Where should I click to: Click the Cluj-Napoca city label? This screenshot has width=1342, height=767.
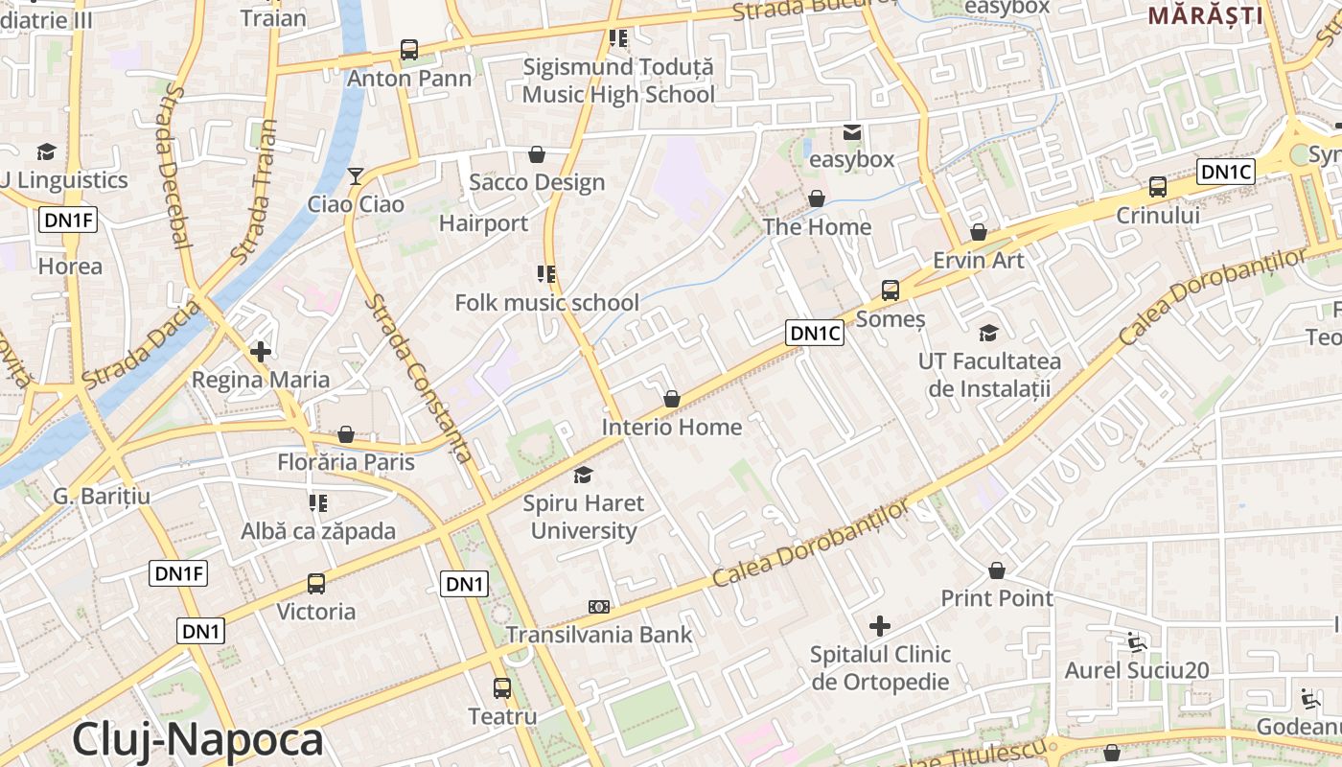pos(197,739)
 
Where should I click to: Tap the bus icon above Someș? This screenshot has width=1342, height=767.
pos(891,290)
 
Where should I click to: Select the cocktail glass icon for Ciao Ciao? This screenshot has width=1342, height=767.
pos(356,175)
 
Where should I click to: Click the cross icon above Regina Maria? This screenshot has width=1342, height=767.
pos(260,351)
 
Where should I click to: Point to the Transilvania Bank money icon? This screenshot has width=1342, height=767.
pos(599,606)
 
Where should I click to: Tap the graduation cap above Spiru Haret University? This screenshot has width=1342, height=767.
pos(583,475)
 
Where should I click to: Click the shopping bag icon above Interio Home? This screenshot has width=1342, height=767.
pos(672,399)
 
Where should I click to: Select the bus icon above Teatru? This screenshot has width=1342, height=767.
pos(502,687)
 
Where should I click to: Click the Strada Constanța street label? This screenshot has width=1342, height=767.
pos(419,378)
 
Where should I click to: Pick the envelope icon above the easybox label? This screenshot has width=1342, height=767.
pos(851,131)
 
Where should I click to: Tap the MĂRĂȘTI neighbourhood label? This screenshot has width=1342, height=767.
pos(1205,14)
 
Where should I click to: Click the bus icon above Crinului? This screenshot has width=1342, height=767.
pos(1158,187)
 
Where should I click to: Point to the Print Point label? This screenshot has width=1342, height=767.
pos(997,598)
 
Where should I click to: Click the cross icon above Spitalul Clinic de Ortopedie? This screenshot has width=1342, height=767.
pos(880,627)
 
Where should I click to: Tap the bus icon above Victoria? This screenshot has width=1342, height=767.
pos(315,583)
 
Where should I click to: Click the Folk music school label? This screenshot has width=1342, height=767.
pos(546,303)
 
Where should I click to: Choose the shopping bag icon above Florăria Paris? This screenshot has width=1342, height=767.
pos(346,434)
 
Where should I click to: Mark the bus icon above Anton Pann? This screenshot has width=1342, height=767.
pos(409,50)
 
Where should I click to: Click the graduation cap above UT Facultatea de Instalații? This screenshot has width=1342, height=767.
pos(988,333)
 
